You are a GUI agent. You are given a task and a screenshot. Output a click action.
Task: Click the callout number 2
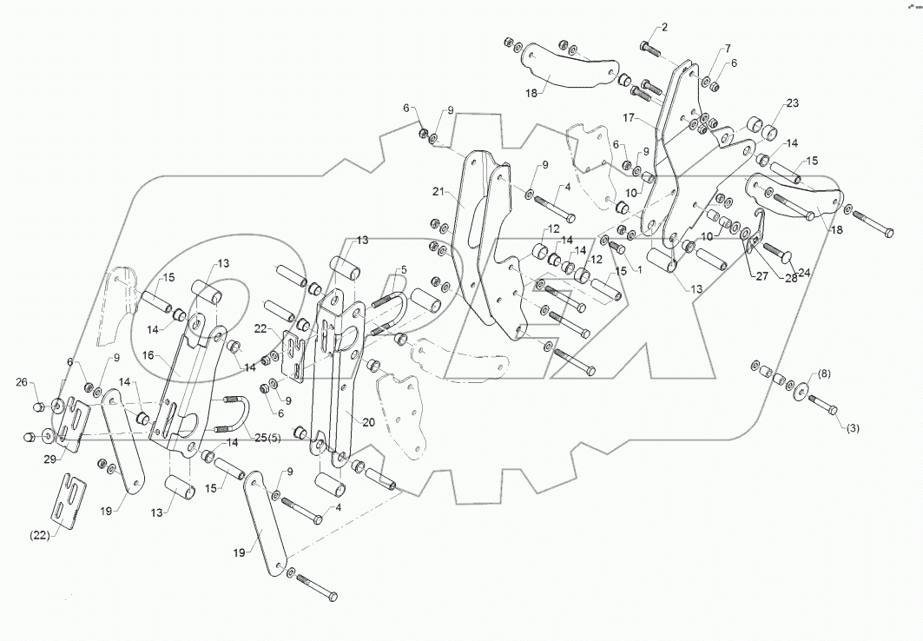pos(664,27)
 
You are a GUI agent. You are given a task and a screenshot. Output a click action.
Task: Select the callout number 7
pos(727,48)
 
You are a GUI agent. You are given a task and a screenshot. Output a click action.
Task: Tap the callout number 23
pos(792,102)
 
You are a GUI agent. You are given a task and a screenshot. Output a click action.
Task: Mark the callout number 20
pos(368,422)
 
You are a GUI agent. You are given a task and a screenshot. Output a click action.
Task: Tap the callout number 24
pos(805,271)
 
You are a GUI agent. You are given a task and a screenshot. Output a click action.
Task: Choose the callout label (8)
pos(823,374)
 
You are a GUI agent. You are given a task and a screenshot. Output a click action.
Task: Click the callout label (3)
pos(854,427)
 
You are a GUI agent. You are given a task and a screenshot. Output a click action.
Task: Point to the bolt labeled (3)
pos(823,406)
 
